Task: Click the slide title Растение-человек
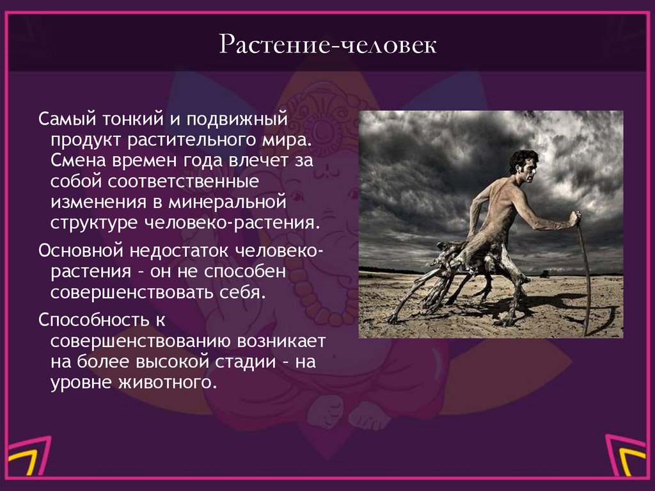pos(327,46)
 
